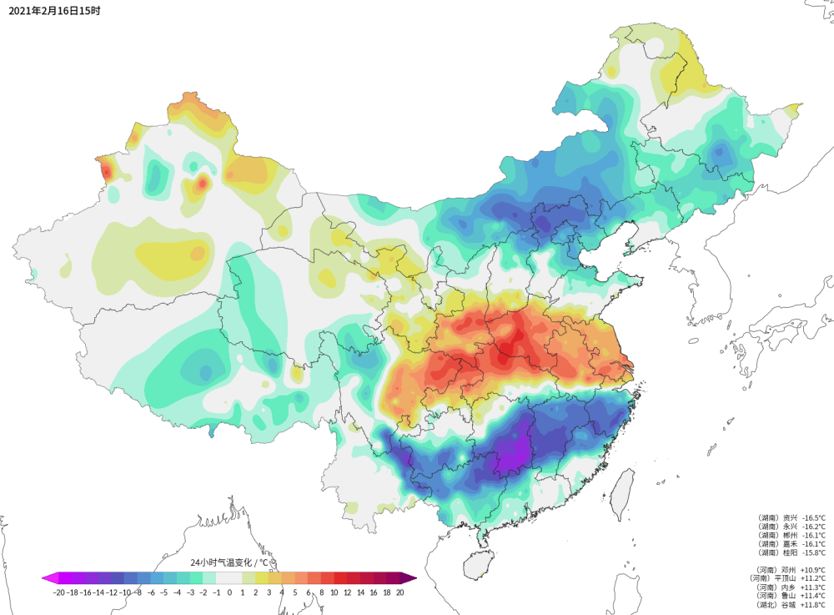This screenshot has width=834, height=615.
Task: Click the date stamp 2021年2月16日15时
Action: coord(55,12)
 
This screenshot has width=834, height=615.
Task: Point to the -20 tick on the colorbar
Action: coord(58,592)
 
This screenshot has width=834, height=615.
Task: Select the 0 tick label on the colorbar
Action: coord(229,592)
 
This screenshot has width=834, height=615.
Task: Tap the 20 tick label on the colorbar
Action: coord(400,592)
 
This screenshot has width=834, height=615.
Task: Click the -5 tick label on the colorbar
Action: coord(164,592)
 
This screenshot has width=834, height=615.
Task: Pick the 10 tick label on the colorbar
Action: coord(334,592)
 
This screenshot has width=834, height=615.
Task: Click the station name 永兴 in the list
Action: coord(789,527)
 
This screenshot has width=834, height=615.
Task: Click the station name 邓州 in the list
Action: coord(789,569)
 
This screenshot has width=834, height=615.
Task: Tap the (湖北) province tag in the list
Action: coord(767,604)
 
